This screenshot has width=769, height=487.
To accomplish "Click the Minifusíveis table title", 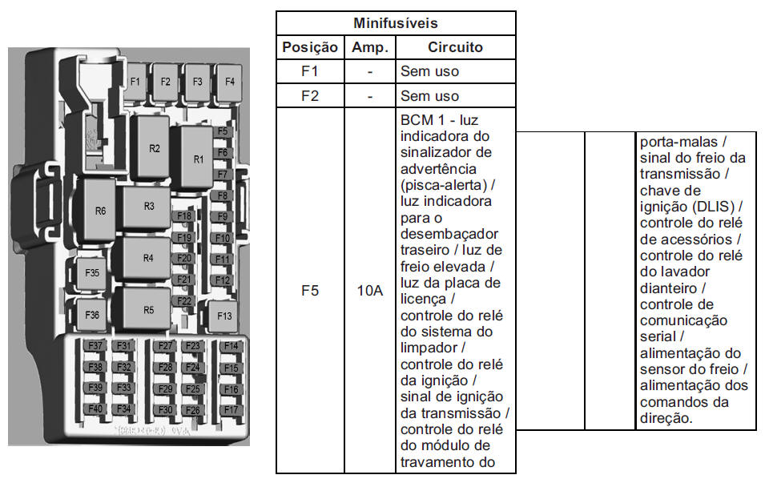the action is pyautogui.click(x=395, y=23).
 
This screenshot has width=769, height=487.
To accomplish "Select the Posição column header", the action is pyautogui.click(x=310, y=47).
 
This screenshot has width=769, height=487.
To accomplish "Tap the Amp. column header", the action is pyautogui.click(x=370, y=47).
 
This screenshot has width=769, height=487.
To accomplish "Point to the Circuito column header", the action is pyautogui.click(x=455, y=47).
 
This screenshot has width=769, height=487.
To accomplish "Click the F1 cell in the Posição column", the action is pyautogui.click(x=310, y=71).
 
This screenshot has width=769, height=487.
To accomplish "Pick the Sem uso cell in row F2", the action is pyautogui.click(x=429, y=95).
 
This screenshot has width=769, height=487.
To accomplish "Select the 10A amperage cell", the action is pyautogui.click(x=370, y=290).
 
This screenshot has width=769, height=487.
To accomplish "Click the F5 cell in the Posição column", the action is pyautogui.click(x=310, y=290).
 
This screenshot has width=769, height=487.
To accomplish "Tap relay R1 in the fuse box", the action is pyautogui.click(x=197, y=158).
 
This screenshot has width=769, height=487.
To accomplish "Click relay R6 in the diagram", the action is pyautogui.click(x=99, y=211).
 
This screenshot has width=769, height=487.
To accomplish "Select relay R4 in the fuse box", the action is pyautogui.click(x=147, y=258).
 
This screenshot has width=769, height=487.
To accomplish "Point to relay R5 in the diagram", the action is pyautogui.click(x=148, y=309).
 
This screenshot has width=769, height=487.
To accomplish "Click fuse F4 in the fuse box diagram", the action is pyautogui.click(x=229, y=83).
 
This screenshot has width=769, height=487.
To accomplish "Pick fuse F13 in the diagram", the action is pyautogui.click(x=224, y=316).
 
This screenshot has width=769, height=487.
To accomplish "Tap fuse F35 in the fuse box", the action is pyautogui.click(x=91, y=272).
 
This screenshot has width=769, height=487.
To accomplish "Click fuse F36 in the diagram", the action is pyautogui.click(x=91, y=315).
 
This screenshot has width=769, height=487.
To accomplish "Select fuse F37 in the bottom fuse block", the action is pyautogui.click(x=95, y=346).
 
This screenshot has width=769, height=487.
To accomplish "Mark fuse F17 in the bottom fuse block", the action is pyautogui.click(x=231, y=409).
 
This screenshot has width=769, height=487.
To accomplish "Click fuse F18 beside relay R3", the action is pyautogui.click(x=184, y=216).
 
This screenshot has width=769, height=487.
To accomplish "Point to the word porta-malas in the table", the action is pyautogui.click(x=678, y=143).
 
